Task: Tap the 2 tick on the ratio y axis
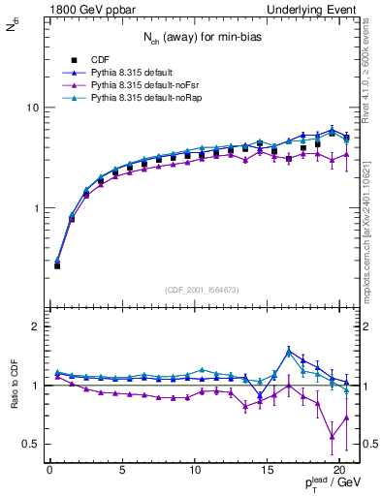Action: point(34,326)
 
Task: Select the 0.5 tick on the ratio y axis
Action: point(31,444)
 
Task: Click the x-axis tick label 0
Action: point(49,472)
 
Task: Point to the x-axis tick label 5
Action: point(122,472)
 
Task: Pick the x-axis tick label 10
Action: point(195,472)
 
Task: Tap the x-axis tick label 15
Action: point(268,472)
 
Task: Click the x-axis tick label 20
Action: point(339,472)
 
